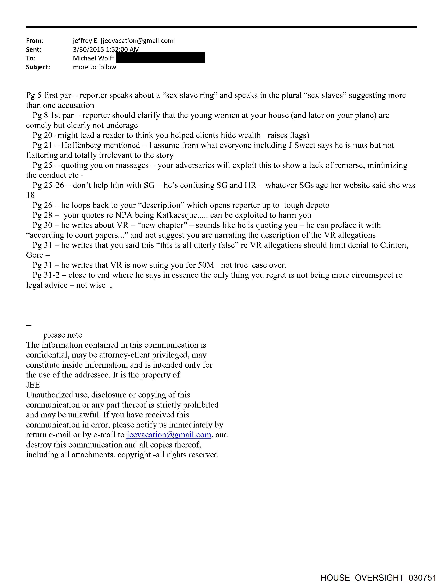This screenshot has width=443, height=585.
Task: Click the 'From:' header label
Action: tap(35, 41)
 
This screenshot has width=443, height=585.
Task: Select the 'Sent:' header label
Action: tap(34, 49)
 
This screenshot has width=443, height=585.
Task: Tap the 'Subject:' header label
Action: tap(38, 67)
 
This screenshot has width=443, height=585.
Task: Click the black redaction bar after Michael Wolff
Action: tap(160, 58)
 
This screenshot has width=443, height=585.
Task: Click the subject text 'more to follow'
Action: tap(95, 67)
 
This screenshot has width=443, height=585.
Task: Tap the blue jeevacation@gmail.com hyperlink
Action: tap(169, 435)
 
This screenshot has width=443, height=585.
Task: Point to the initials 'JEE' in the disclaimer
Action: tap(33, 385)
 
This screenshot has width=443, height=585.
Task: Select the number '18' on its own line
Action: tap(30, 195)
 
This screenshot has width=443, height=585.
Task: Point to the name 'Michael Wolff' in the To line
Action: tap(94, 58)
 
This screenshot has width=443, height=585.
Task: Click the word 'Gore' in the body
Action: tap(34, 255)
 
